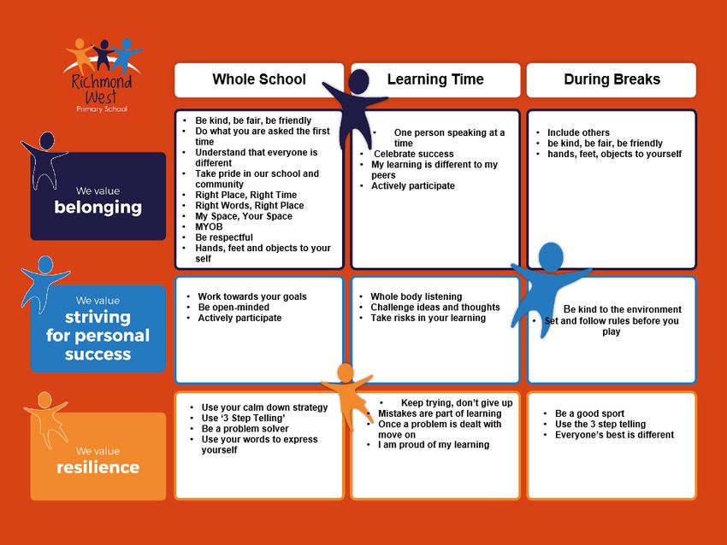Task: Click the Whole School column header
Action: [x=259, y=79]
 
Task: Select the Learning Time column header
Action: [x=435, y=79]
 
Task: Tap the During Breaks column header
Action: [x=612, y=79]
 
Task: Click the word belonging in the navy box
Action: [x=98, y=208]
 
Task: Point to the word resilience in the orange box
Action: [x=98, y=467]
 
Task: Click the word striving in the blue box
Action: [x=98, y=318]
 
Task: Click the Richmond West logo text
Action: [x=102, y=88]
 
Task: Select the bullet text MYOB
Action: [x=209, y=227]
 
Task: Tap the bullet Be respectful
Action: [x=224, y=237]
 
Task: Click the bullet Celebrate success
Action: [x=414, y=154]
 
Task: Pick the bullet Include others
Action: [x=578, y=132]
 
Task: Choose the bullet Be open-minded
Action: [x=233, y=308]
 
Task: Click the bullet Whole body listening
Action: [x=416, y=296]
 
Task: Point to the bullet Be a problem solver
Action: [x=245, y=429]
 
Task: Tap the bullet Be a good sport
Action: [x=589, y=413]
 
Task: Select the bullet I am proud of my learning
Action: [x=434, y=445]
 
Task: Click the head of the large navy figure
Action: [x=358, y=81]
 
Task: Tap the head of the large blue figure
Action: [x=551, y=256]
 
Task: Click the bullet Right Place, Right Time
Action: [x=245, y=195]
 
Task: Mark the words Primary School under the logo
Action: [x=102, y=109]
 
